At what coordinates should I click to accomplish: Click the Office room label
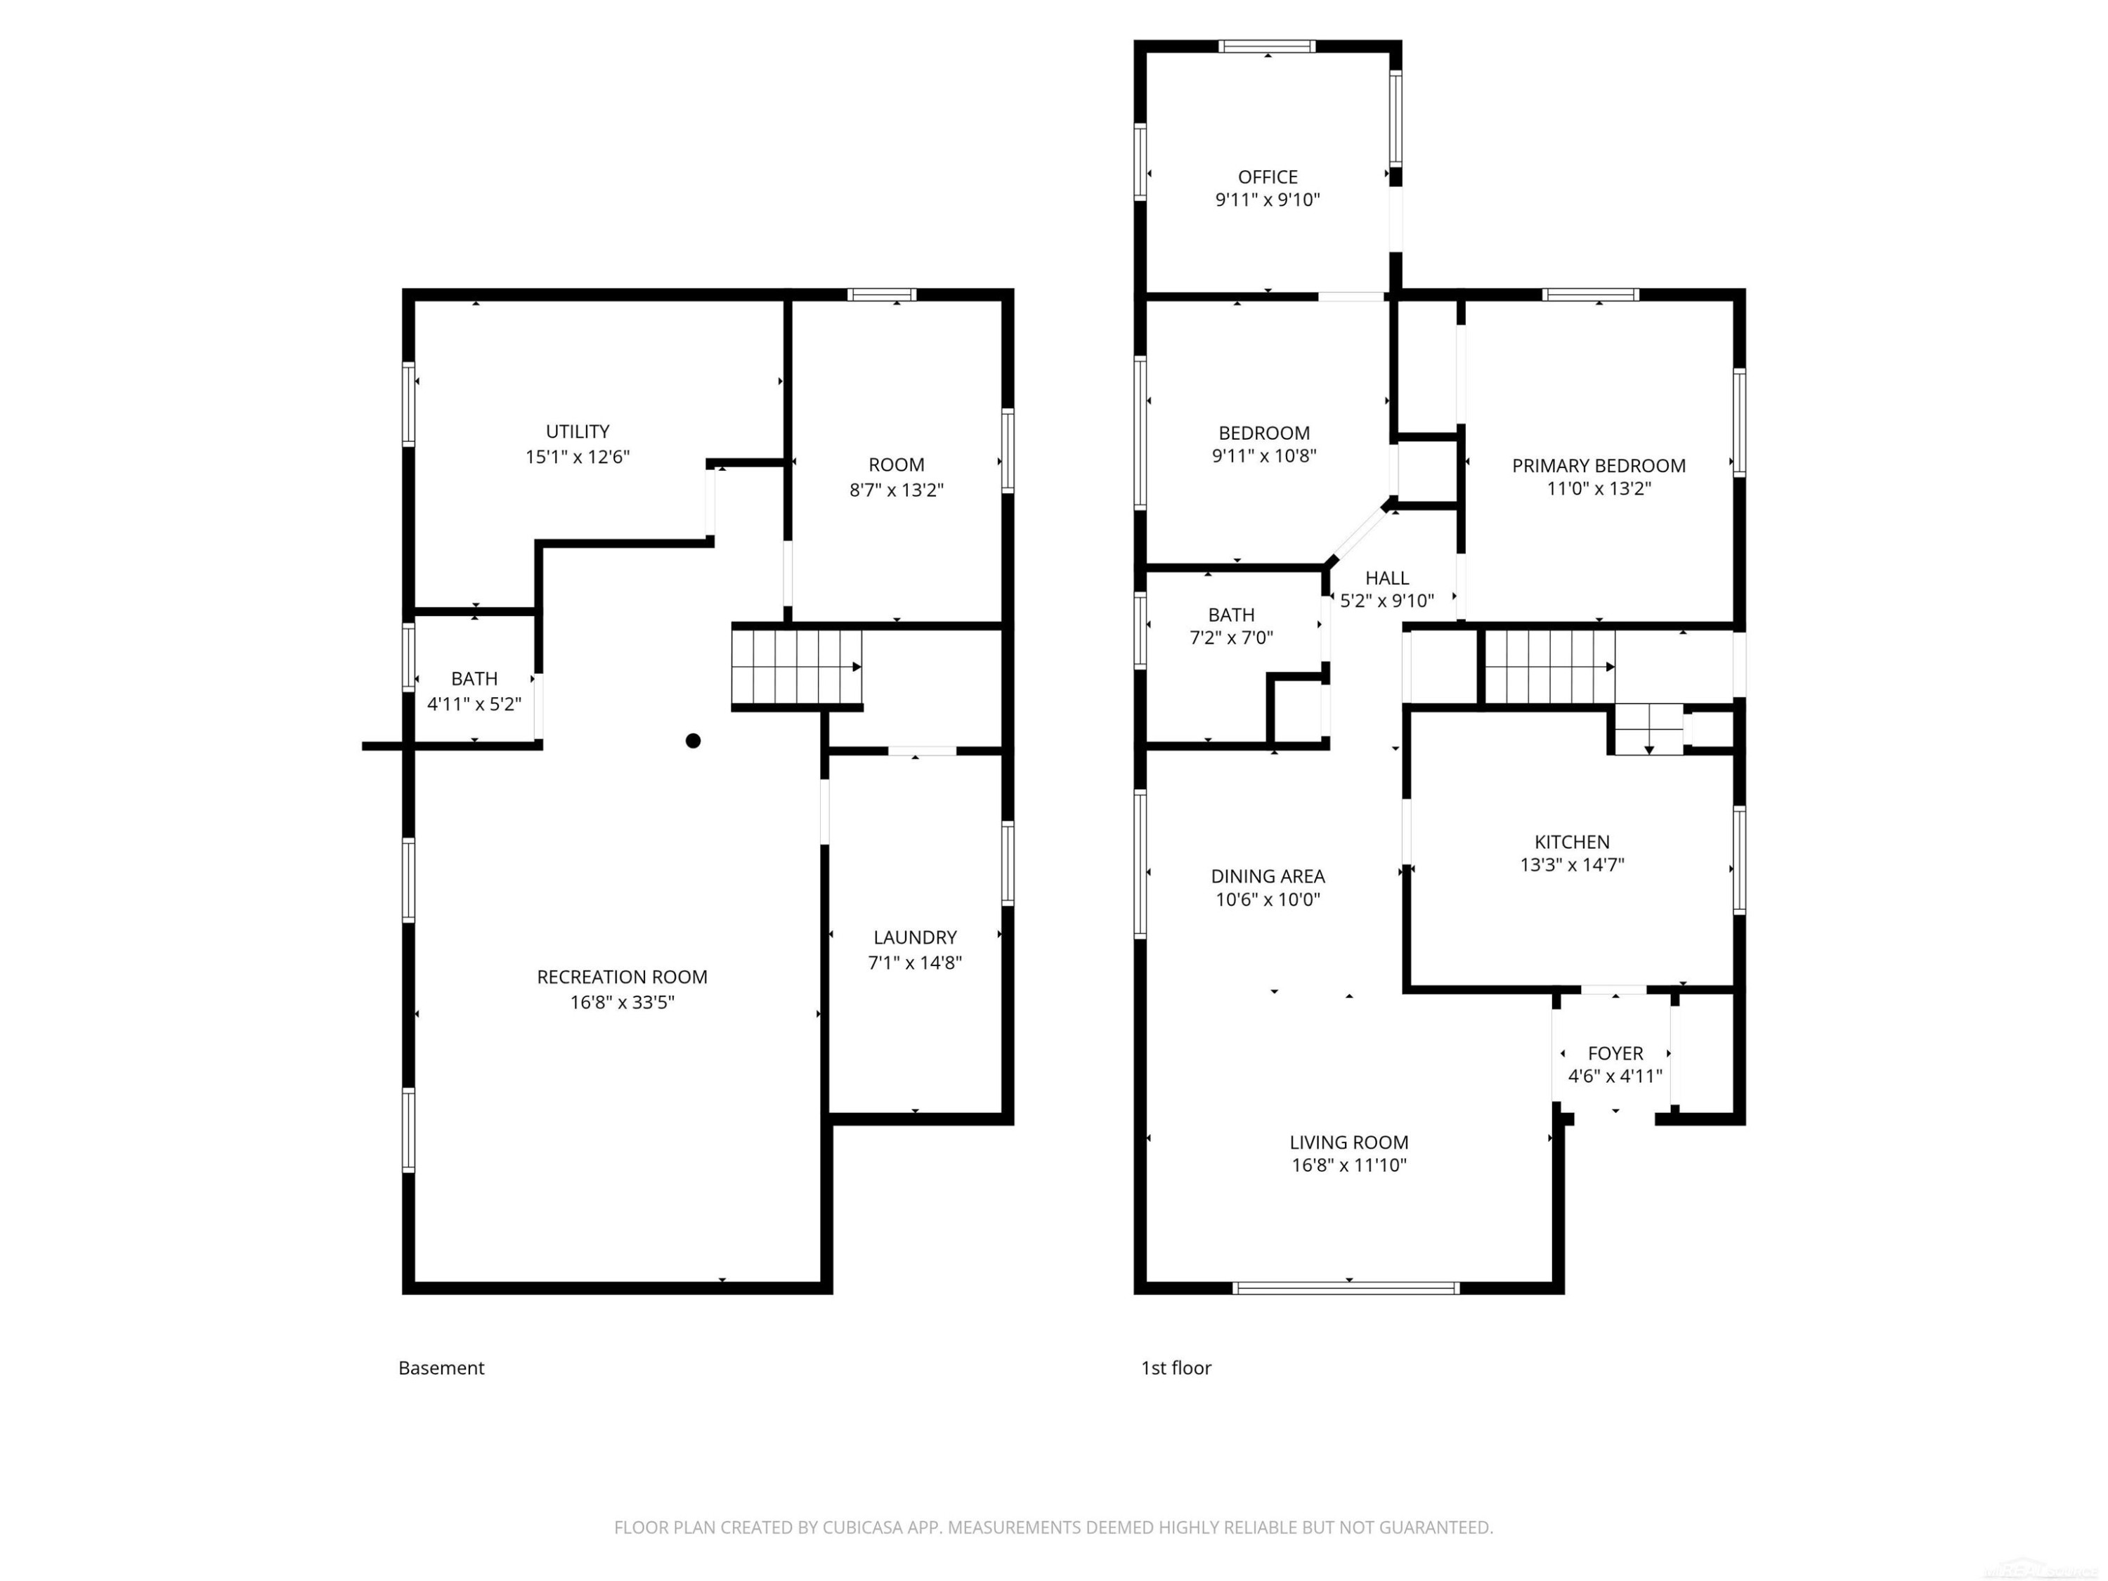(x=1268, y=177)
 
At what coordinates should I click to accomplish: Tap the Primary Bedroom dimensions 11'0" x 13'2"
(x=1598, y=489)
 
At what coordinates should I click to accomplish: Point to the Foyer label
(x=1615, y=1054)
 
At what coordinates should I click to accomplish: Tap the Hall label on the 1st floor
(x=1386, y=578)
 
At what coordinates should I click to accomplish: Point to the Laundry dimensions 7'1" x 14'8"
(x=915, y=963)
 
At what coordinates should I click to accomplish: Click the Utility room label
(x=578, y=431)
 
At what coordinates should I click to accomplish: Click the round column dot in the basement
(x=693, y=741)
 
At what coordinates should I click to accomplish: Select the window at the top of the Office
(x=1268, y=46)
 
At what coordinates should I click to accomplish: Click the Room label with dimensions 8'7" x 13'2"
(x=896, y=465)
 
